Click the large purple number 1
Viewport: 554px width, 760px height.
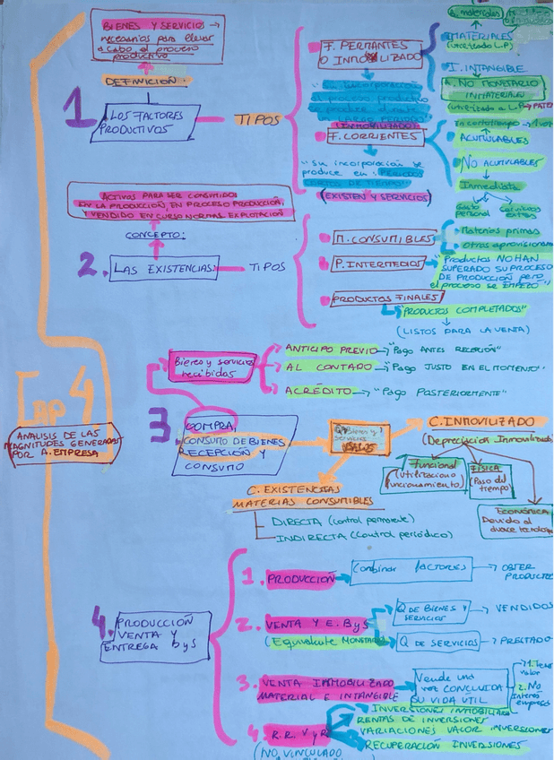pyautogui.click(x=78, y=111)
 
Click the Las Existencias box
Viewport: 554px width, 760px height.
pyautogui.click(x=164, y=267)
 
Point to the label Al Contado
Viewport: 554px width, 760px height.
pyautogui.click(x=319, y=367)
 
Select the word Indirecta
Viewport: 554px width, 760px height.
pyautogui.click(x=289, y=536)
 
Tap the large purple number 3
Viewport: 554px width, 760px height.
pyautogui.click(x=160, y=427)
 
